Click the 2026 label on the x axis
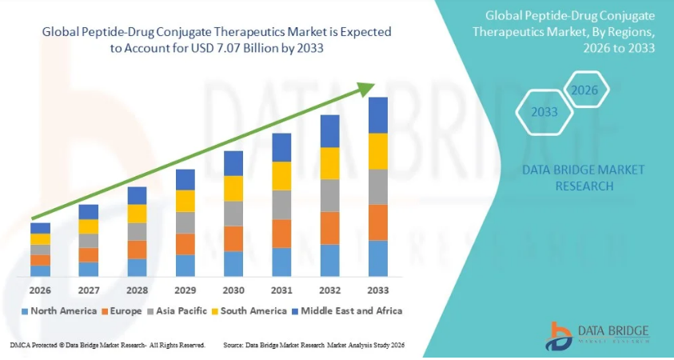tap(40, 290)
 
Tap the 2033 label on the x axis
tap(377, 290)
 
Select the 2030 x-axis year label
tap(233, 290)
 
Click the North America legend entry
tap(60, 310)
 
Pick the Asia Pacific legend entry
tap(177, 310)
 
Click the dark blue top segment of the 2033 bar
tap(377, 115)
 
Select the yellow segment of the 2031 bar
tap(281, 176)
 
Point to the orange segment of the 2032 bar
tap(329, 228)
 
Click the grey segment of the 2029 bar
tap(185, 222)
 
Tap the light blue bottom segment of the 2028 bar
tap(137, 268)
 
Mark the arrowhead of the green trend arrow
tap(369, 86)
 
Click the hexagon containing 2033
tap(544, 112)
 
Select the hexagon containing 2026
tap(584, 90)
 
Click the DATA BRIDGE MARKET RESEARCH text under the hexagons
tap(572, 178)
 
